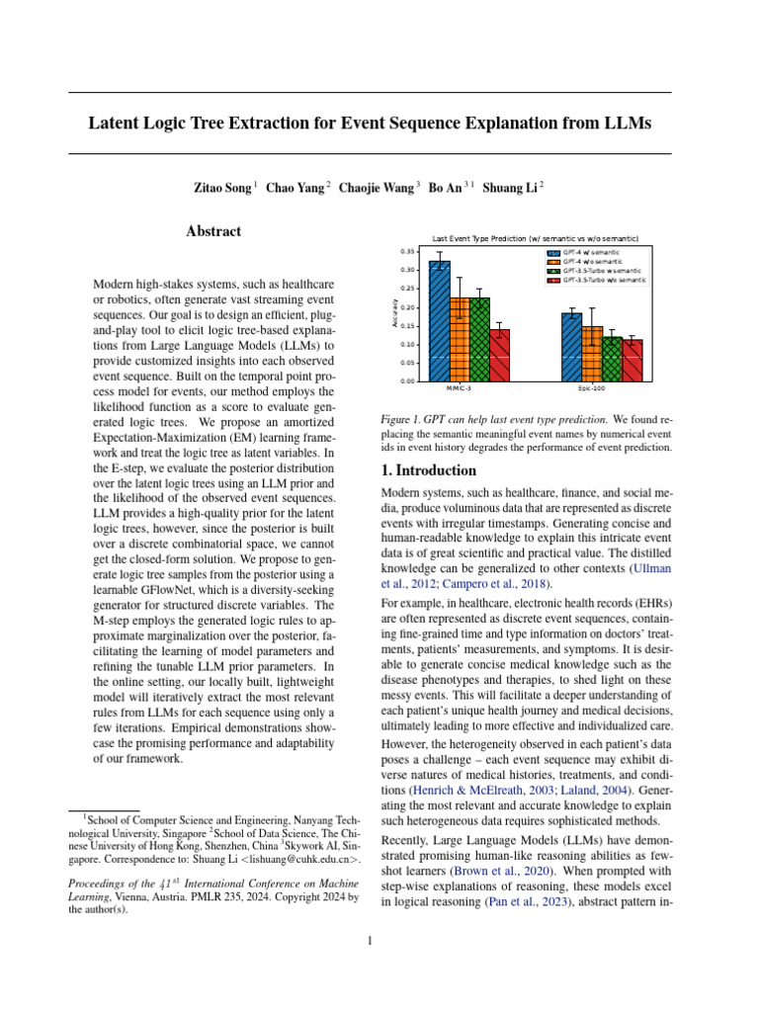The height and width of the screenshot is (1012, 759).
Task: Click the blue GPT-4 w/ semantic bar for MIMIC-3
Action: click(440, 321)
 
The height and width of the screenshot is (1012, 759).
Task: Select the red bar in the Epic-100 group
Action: click(632, 361)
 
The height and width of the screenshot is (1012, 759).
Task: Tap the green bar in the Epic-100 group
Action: click(613, 359)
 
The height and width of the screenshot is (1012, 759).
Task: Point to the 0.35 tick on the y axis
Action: click(407, 252)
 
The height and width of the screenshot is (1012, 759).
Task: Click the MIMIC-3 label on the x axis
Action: click(460, 389)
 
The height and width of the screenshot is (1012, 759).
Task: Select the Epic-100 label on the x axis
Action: click(592, 389)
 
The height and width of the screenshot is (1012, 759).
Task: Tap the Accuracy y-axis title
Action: click(394, 314)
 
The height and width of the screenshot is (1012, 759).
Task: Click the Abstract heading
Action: click(213, 231)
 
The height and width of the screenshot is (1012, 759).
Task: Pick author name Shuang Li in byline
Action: click(511, 187)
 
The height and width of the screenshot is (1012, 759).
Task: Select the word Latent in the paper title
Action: click(117, 124)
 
